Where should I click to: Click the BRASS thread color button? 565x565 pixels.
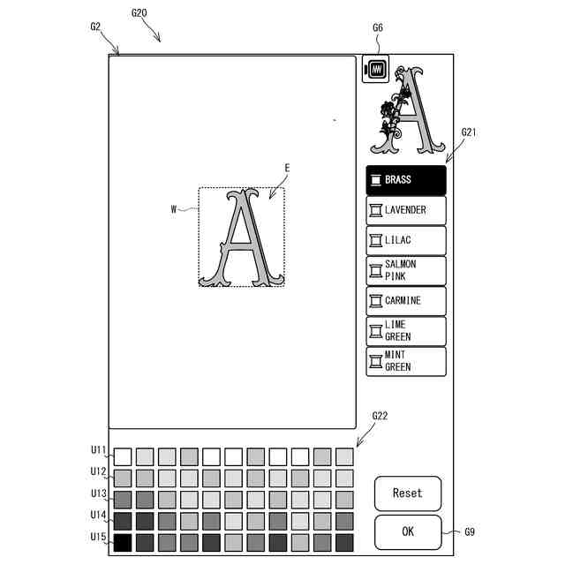click(406, 180)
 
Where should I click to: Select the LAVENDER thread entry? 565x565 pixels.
click(406, 210)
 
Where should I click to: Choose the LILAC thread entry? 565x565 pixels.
click(406, 240)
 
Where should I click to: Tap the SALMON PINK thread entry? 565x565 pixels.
click(406, 270)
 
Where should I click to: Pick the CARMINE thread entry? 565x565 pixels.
click(406, 300)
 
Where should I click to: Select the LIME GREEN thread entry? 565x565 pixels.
click(406, 331)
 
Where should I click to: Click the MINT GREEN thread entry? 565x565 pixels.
click(406, 361)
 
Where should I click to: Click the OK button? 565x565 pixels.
click(407, 532)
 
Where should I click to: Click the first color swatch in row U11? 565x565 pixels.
click(123, 456)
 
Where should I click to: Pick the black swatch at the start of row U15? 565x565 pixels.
click(123, 542)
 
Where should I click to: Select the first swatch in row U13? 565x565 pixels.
click(123, 500)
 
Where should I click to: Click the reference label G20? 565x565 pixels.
click(139, 13)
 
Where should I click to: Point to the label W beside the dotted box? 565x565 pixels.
click(175, 209)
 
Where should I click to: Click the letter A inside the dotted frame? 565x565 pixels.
click(241, 238)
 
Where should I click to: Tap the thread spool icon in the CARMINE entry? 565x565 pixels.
click(376, 300)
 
